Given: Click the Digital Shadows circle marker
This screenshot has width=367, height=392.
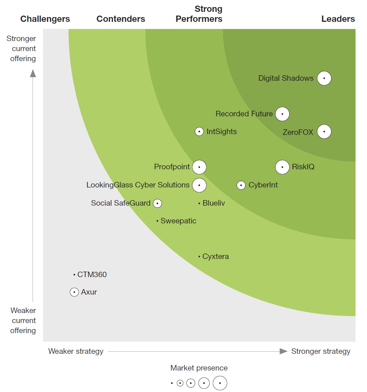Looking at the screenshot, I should coord(324,78).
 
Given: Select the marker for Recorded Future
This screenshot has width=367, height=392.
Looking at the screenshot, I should coord(282,114).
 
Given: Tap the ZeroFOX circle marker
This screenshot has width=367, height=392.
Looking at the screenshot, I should coord(324,132).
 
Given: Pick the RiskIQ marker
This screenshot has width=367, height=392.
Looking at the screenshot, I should coord(282,167).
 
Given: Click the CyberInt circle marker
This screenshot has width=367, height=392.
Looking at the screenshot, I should coord(241,185).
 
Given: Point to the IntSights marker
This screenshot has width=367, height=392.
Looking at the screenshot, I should coord(199,132).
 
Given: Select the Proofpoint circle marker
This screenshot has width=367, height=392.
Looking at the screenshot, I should coord(199,167).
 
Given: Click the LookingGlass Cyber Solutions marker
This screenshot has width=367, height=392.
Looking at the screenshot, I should coord(199,185).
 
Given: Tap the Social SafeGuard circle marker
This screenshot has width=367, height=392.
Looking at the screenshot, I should coord(157,203).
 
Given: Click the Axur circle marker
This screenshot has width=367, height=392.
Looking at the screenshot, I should coord(74,292).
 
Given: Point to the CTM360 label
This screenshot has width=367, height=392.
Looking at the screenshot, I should coord(92,275).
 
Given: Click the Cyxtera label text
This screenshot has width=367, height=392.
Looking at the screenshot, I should coord(216,256).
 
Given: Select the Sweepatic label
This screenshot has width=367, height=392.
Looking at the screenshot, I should coord(178,221).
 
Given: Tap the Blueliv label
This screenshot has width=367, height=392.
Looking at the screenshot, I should coord(214,203).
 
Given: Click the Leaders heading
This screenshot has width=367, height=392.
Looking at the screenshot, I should coord(338,19).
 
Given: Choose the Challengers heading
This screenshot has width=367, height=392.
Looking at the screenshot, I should coord(45,19).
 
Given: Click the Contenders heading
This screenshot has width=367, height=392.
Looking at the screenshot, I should coord(121,19).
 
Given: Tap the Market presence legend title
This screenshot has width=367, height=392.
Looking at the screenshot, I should coord(199,368).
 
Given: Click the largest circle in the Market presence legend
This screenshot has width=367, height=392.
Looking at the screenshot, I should coord(220,383).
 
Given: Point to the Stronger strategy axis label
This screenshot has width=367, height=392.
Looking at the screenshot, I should coord(321,351).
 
